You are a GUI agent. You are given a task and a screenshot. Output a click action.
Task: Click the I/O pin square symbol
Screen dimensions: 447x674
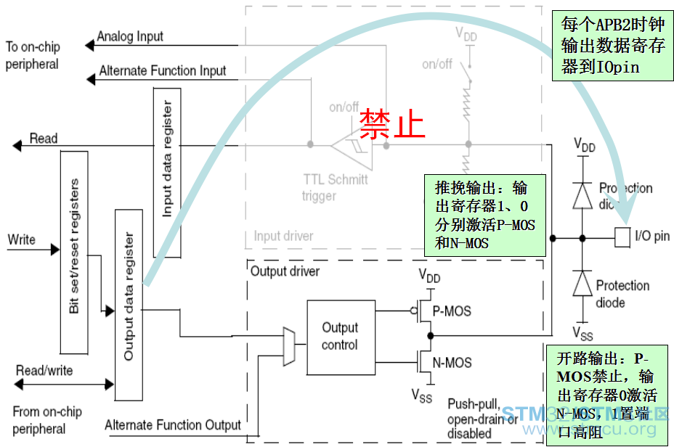[x=622, y=237]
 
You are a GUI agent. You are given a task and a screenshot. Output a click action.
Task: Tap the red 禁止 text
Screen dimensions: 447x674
[x=392, y=124]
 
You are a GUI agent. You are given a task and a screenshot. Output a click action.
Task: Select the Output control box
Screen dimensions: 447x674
[x=340, y=336]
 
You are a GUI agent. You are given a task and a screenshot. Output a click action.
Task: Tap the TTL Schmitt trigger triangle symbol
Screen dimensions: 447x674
[x=351, y=145]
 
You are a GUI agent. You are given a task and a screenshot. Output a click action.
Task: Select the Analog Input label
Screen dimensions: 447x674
[x=130, y=36]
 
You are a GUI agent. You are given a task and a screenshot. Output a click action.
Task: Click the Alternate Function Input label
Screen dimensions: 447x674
[x=163, y=71]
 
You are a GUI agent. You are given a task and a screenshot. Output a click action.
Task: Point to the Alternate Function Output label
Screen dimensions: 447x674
[x=173, y=425]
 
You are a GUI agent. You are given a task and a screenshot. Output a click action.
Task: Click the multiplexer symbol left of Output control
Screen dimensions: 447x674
[x=288, y=347]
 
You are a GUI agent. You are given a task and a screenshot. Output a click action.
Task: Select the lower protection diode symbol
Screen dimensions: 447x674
[x=582, y=284]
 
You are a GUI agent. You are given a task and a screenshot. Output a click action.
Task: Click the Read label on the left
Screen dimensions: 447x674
[x=44, y=139]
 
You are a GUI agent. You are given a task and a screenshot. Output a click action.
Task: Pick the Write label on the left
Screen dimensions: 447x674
[x=22, y=239]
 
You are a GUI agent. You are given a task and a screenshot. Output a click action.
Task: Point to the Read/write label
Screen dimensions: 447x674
[x=44, y=371]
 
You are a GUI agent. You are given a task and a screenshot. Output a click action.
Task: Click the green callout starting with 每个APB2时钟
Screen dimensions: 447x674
[x=612, y=45]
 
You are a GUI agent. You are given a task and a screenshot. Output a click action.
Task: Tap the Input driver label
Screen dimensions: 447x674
[x=283, y=236]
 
